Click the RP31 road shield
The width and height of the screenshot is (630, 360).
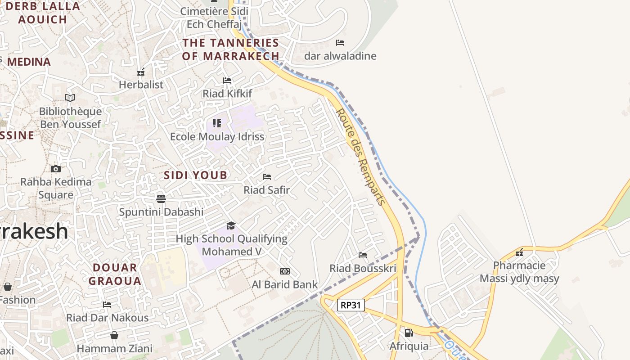click(351, 305)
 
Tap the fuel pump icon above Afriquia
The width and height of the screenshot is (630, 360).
click(409, 333)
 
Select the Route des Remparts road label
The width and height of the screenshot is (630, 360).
click(361, 157)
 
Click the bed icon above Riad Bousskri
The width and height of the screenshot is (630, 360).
click(363, 255)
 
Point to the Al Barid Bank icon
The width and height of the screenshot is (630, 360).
click(284, 271)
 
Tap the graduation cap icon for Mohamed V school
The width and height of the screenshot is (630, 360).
click(231, 225)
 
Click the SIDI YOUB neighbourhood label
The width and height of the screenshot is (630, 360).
click(195, 175)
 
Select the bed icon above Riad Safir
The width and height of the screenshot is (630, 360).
click(267, 177)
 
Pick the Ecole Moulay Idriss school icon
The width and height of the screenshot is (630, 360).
click(217, 123)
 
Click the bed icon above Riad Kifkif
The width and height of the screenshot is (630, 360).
click(227, 81)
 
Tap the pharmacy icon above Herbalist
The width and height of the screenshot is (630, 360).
click(141, 72)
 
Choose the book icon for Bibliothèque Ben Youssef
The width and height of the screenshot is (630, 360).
click(70, 98)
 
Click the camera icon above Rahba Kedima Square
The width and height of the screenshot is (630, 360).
click(56, 169)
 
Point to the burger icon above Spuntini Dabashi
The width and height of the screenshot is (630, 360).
click(161, 198)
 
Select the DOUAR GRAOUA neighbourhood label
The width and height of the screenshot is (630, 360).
click(115, 274)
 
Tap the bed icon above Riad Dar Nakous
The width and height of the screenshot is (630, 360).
click(107, 305)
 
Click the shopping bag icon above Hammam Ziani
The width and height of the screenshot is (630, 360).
click(114, 335)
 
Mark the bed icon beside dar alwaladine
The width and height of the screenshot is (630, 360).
click(340, 43)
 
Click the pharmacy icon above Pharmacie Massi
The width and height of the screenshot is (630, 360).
click(519, 252)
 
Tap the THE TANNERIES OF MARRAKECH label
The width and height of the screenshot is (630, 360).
click(230, 49)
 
